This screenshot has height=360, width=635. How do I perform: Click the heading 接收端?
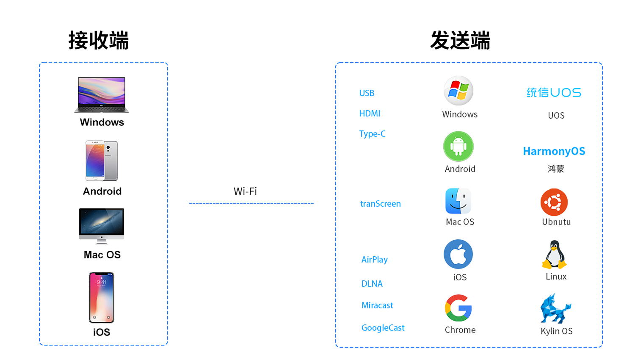pos(99,41)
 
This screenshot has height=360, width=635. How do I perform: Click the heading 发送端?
pos(460,41)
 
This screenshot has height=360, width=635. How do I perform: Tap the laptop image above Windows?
pos(102,94)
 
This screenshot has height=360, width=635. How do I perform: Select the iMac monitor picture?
pos(102,226)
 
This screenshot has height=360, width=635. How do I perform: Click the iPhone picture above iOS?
pos(102,297)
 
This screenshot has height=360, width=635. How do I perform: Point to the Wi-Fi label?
pos(245,191)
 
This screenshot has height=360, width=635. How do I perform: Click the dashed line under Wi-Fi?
pos(251,203)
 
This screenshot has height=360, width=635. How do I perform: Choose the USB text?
pos(367,93)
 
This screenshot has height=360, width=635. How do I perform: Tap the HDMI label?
pos(370,114)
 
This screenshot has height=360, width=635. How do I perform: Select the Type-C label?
pos(372,134)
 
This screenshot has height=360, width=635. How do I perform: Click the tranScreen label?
pos(380,204)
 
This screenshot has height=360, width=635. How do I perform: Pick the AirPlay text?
pos(374,260)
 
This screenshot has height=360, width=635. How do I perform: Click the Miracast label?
pos(377,305)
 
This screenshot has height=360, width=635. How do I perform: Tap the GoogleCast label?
pos(383,328)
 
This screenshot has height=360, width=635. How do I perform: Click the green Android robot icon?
pos(458,147)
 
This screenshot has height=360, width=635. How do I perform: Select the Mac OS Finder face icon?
pos(458,201)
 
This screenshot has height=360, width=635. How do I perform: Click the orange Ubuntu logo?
pos(554,202)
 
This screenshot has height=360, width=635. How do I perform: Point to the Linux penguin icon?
pos(554,255)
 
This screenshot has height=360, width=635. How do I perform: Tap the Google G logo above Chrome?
pos(458,308)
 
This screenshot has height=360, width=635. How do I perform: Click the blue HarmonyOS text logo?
pos(554,151)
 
